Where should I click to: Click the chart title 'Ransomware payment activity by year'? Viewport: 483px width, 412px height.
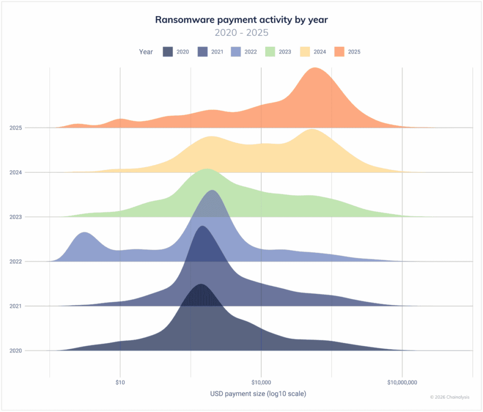[241, 20]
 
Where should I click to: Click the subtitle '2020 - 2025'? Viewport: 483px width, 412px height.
[241, 33]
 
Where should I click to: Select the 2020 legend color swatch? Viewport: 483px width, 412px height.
[168, 52]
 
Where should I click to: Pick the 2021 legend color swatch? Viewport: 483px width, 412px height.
[202, 52]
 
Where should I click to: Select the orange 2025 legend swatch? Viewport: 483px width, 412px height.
[340, 52]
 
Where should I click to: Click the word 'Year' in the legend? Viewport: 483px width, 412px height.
[146, 52]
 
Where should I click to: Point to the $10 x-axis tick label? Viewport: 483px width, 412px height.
[120, 382]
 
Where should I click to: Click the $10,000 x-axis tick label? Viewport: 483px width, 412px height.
[261, 382]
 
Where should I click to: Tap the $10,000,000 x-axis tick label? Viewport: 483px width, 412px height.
[402, 382]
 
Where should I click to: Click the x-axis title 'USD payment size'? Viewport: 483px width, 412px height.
[258, 393]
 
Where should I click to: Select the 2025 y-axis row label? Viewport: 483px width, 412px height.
[16, 127]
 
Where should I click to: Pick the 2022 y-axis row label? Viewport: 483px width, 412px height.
[16, 261]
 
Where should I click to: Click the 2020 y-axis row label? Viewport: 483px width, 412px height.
[16, 351]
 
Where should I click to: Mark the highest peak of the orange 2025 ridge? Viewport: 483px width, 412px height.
[314, 69]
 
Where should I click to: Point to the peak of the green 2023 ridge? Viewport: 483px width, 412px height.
[206, 170]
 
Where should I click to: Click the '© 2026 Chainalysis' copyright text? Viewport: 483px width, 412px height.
[450, 397]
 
